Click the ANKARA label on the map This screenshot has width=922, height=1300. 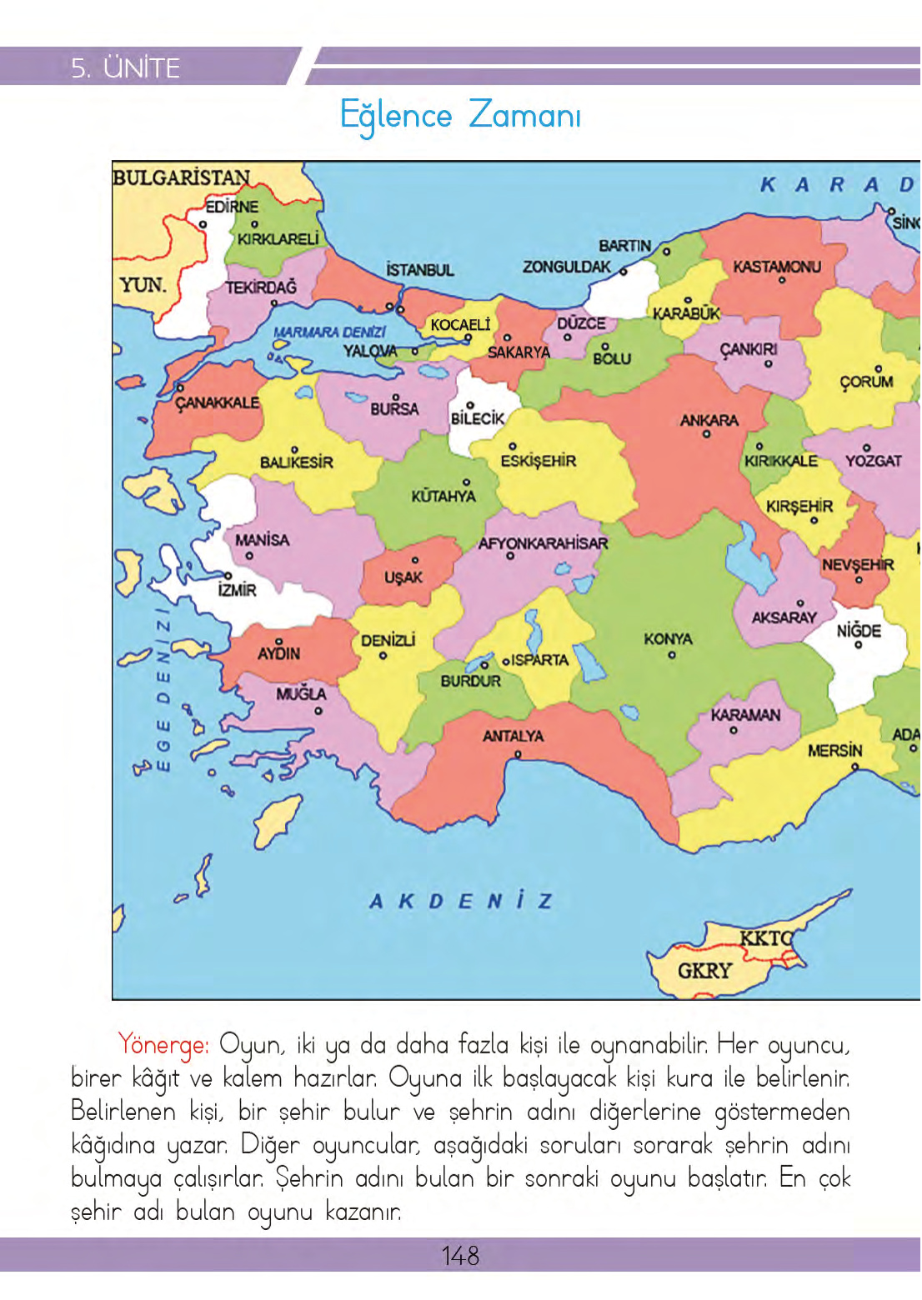[x=709, y=420]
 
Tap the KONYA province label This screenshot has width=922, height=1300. [x=668, y=638]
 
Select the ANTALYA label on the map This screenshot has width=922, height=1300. [x=513, y=736]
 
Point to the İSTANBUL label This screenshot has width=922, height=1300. [x=420, y=270]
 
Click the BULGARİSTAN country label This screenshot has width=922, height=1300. [x=181, y=177]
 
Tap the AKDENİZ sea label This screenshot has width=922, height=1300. [x=460, y=901]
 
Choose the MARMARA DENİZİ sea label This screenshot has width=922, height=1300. [x=329, y=332]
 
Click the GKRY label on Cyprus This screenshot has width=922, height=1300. [x=704, y=971]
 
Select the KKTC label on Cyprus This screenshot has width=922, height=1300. [x=765, y=938]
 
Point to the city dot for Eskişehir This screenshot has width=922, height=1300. [x=513, y=447]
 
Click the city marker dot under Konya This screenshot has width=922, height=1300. [x=672, y=656]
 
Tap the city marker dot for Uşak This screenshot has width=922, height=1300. [x=415, y=560]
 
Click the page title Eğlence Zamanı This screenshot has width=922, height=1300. [x=460, y=115]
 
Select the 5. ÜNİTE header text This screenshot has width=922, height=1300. [x=125, y=67]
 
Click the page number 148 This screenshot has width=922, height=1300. [x=460, y=1255]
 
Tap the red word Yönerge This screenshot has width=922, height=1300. [x=163, y=1044]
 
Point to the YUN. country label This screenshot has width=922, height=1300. [x=143, y=285]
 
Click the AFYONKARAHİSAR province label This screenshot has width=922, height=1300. [x=543, y=543]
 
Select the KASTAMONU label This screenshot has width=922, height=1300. [x=776, y=267]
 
